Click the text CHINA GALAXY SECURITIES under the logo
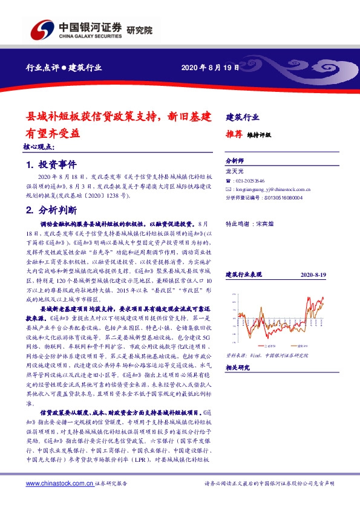coord(90,36)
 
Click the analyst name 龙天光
coord(234,172)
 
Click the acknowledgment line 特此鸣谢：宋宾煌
coord(250,223)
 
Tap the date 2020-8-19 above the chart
coord(313,275)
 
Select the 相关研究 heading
coord(237,367)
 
